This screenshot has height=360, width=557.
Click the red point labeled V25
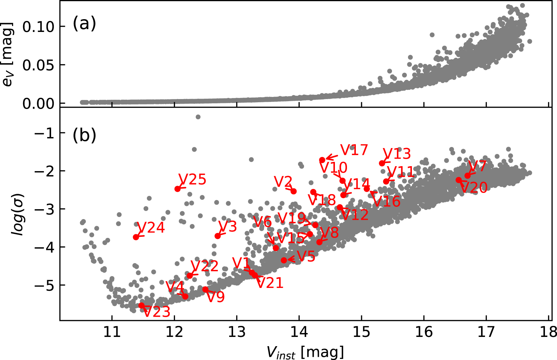[178, 189]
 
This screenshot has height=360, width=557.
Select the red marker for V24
[136, 237]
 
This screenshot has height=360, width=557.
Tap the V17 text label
[354, 150]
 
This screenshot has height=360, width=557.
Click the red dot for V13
[382, 163]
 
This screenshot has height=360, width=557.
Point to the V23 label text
[157, 312]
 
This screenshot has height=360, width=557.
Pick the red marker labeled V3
[217, 236]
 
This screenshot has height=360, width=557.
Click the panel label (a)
[84, 24]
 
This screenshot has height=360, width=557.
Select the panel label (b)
[84, 136]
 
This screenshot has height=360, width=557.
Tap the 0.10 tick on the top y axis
[38, 27]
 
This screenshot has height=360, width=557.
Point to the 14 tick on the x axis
[299, 332]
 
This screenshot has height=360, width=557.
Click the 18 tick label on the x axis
[548, 332]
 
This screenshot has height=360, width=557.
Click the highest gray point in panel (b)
[198, 117]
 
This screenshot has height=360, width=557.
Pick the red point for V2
[293, 191]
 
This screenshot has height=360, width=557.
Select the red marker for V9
[205, 289]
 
